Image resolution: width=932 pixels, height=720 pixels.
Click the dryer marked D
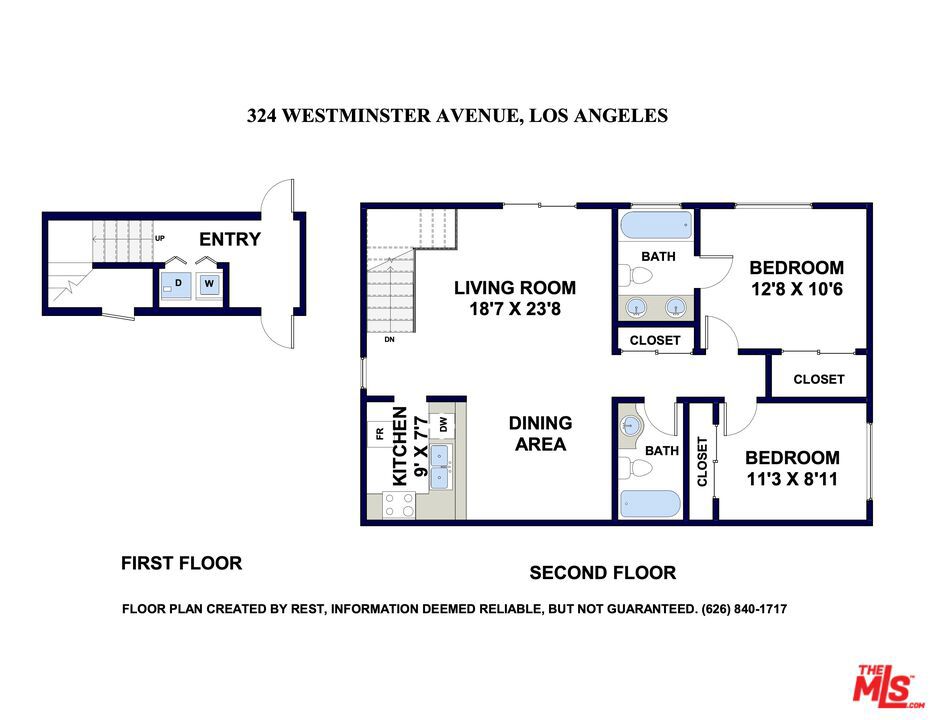pos(177,285)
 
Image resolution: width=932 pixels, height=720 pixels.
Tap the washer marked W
pos(209,284)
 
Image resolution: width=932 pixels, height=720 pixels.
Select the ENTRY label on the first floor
pos(230,239)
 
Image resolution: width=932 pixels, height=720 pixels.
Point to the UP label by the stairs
pos(160,238)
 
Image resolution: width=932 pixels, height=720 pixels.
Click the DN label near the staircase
pos(389,339)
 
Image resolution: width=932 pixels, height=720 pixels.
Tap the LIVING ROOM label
pos(515,288)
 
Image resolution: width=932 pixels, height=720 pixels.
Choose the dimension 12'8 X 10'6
pos(796,290)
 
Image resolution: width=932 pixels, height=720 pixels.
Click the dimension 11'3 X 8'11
pos(792,479)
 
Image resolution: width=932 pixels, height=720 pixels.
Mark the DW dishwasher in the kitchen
pos(442,425)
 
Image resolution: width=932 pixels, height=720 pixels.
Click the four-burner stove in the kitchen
pos(399,505)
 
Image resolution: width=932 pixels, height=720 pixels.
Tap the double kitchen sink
pos(440,467)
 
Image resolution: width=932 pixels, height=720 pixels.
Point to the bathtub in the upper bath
pos(656,225)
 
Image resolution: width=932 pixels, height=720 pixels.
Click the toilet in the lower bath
pos(635,467)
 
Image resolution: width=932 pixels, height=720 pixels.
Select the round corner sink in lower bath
pos(629,426)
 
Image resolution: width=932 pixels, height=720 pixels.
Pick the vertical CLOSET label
pos(702,462)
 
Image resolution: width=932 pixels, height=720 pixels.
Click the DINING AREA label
pos(540,433)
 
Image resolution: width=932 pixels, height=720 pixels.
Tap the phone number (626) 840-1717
pos(744,609)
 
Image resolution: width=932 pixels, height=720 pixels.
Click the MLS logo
pos(887,686)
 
